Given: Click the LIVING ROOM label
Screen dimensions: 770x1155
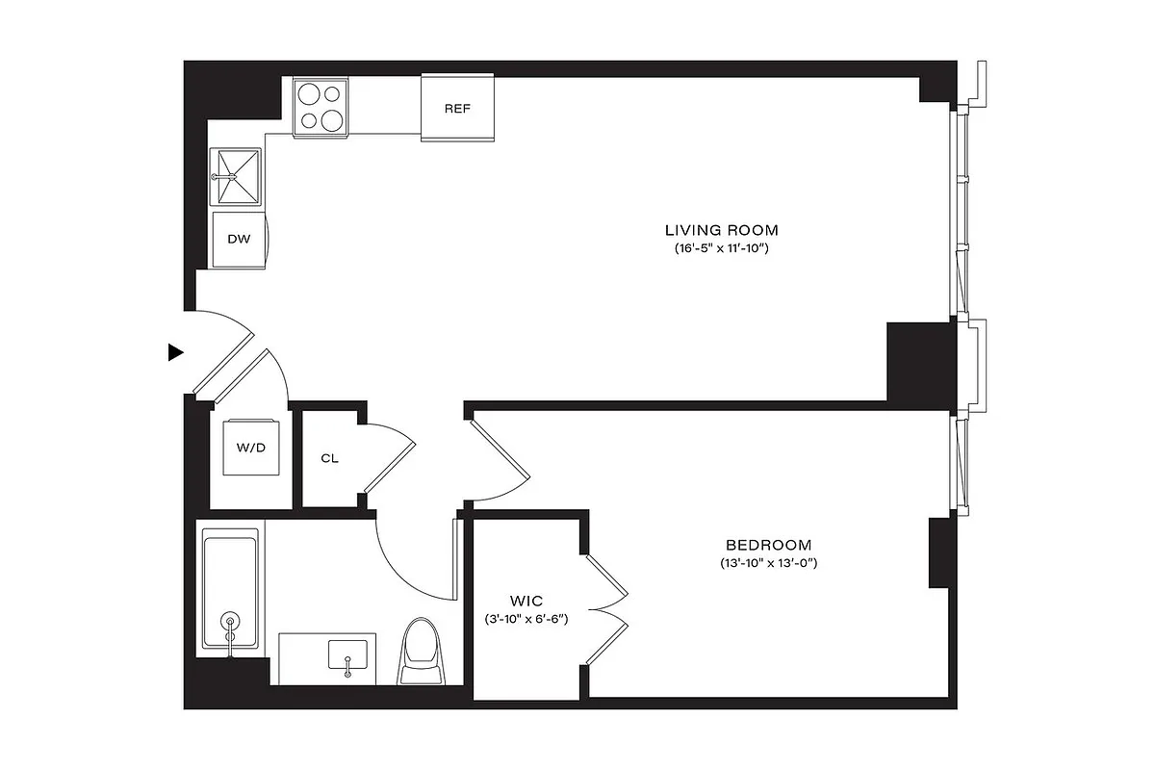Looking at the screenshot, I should [721, 230].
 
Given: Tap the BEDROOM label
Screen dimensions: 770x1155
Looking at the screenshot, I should [768, 544].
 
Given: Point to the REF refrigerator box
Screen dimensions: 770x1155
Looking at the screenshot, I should [457, 108].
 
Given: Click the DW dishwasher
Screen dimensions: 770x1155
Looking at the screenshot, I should [238, 239].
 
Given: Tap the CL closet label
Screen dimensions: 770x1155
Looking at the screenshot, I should [329, 458].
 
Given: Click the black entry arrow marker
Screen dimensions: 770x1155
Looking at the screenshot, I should [175, 352].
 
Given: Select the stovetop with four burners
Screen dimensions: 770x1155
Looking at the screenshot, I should [320, 106].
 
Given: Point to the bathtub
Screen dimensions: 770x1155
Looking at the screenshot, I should [230, 590].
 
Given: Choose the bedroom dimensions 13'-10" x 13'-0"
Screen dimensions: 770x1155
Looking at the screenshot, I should [768, 563].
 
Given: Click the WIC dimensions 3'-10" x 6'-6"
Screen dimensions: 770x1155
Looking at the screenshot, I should [526, 619].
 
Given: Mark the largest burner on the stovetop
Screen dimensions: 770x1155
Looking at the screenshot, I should [330, 119].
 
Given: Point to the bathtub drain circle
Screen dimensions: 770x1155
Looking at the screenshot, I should [230, 621].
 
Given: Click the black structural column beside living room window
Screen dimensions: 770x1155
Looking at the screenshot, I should [920, 361].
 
